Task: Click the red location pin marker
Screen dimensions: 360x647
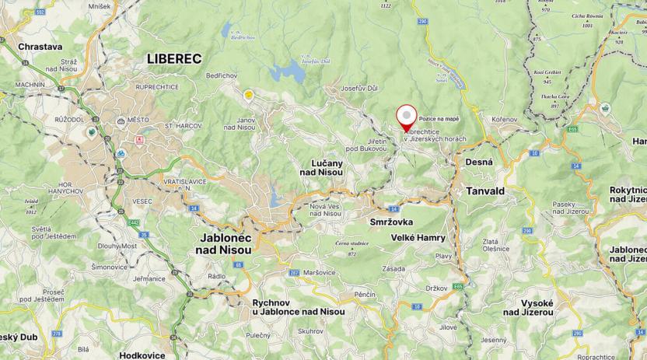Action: click(405, 117)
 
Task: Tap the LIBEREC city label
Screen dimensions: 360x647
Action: click(174, 58)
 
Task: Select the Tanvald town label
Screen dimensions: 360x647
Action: click(485, 190)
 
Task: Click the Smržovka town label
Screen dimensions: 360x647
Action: click(392, 222)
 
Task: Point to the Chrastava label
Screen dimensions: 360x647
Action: click(40, 47)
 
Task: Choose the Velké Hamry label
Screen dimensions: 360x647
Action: click(418, 237)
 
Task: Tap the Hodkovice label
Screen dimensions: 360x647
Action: click(142, 355)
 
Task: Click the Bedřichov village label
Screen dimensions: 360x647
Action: click(221, 75)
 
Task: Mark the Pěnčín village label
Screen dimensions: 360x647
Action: click(364, 295)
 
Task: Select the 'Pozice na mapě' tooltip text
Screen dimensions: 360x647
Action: click(439, 118)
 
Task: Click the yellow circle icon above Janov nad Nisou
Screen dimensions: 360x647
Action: click(249, 95)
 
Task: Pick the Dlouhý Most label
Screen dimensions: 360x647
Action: click(118, 246)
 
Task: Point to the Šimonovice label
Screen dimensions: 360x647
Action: click(110, 267)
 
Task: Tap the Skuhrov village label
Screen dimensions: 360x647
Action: click(310, 330)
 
